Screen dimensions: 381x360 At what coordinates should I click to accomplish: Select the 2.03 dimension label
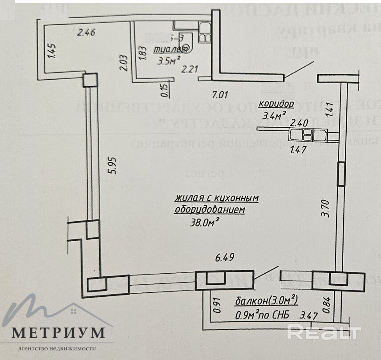point(124,62)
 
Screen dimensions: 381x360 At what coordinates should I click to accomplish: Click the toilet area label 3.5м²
point(169,60)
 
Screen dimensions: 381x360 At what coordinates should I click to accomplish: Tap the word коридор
point(277,105)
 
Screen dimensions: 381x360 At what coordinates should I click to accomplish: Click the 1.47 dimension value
point(298,150)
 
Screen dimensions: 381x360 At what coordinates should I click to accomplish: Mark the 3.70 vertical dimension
point(326,208)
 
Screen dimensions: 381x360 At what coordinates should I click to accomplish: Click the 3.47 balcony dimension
point(310,316)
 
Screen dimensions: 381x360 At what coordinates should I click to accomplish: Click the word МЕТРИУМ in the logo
point(58,332)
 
